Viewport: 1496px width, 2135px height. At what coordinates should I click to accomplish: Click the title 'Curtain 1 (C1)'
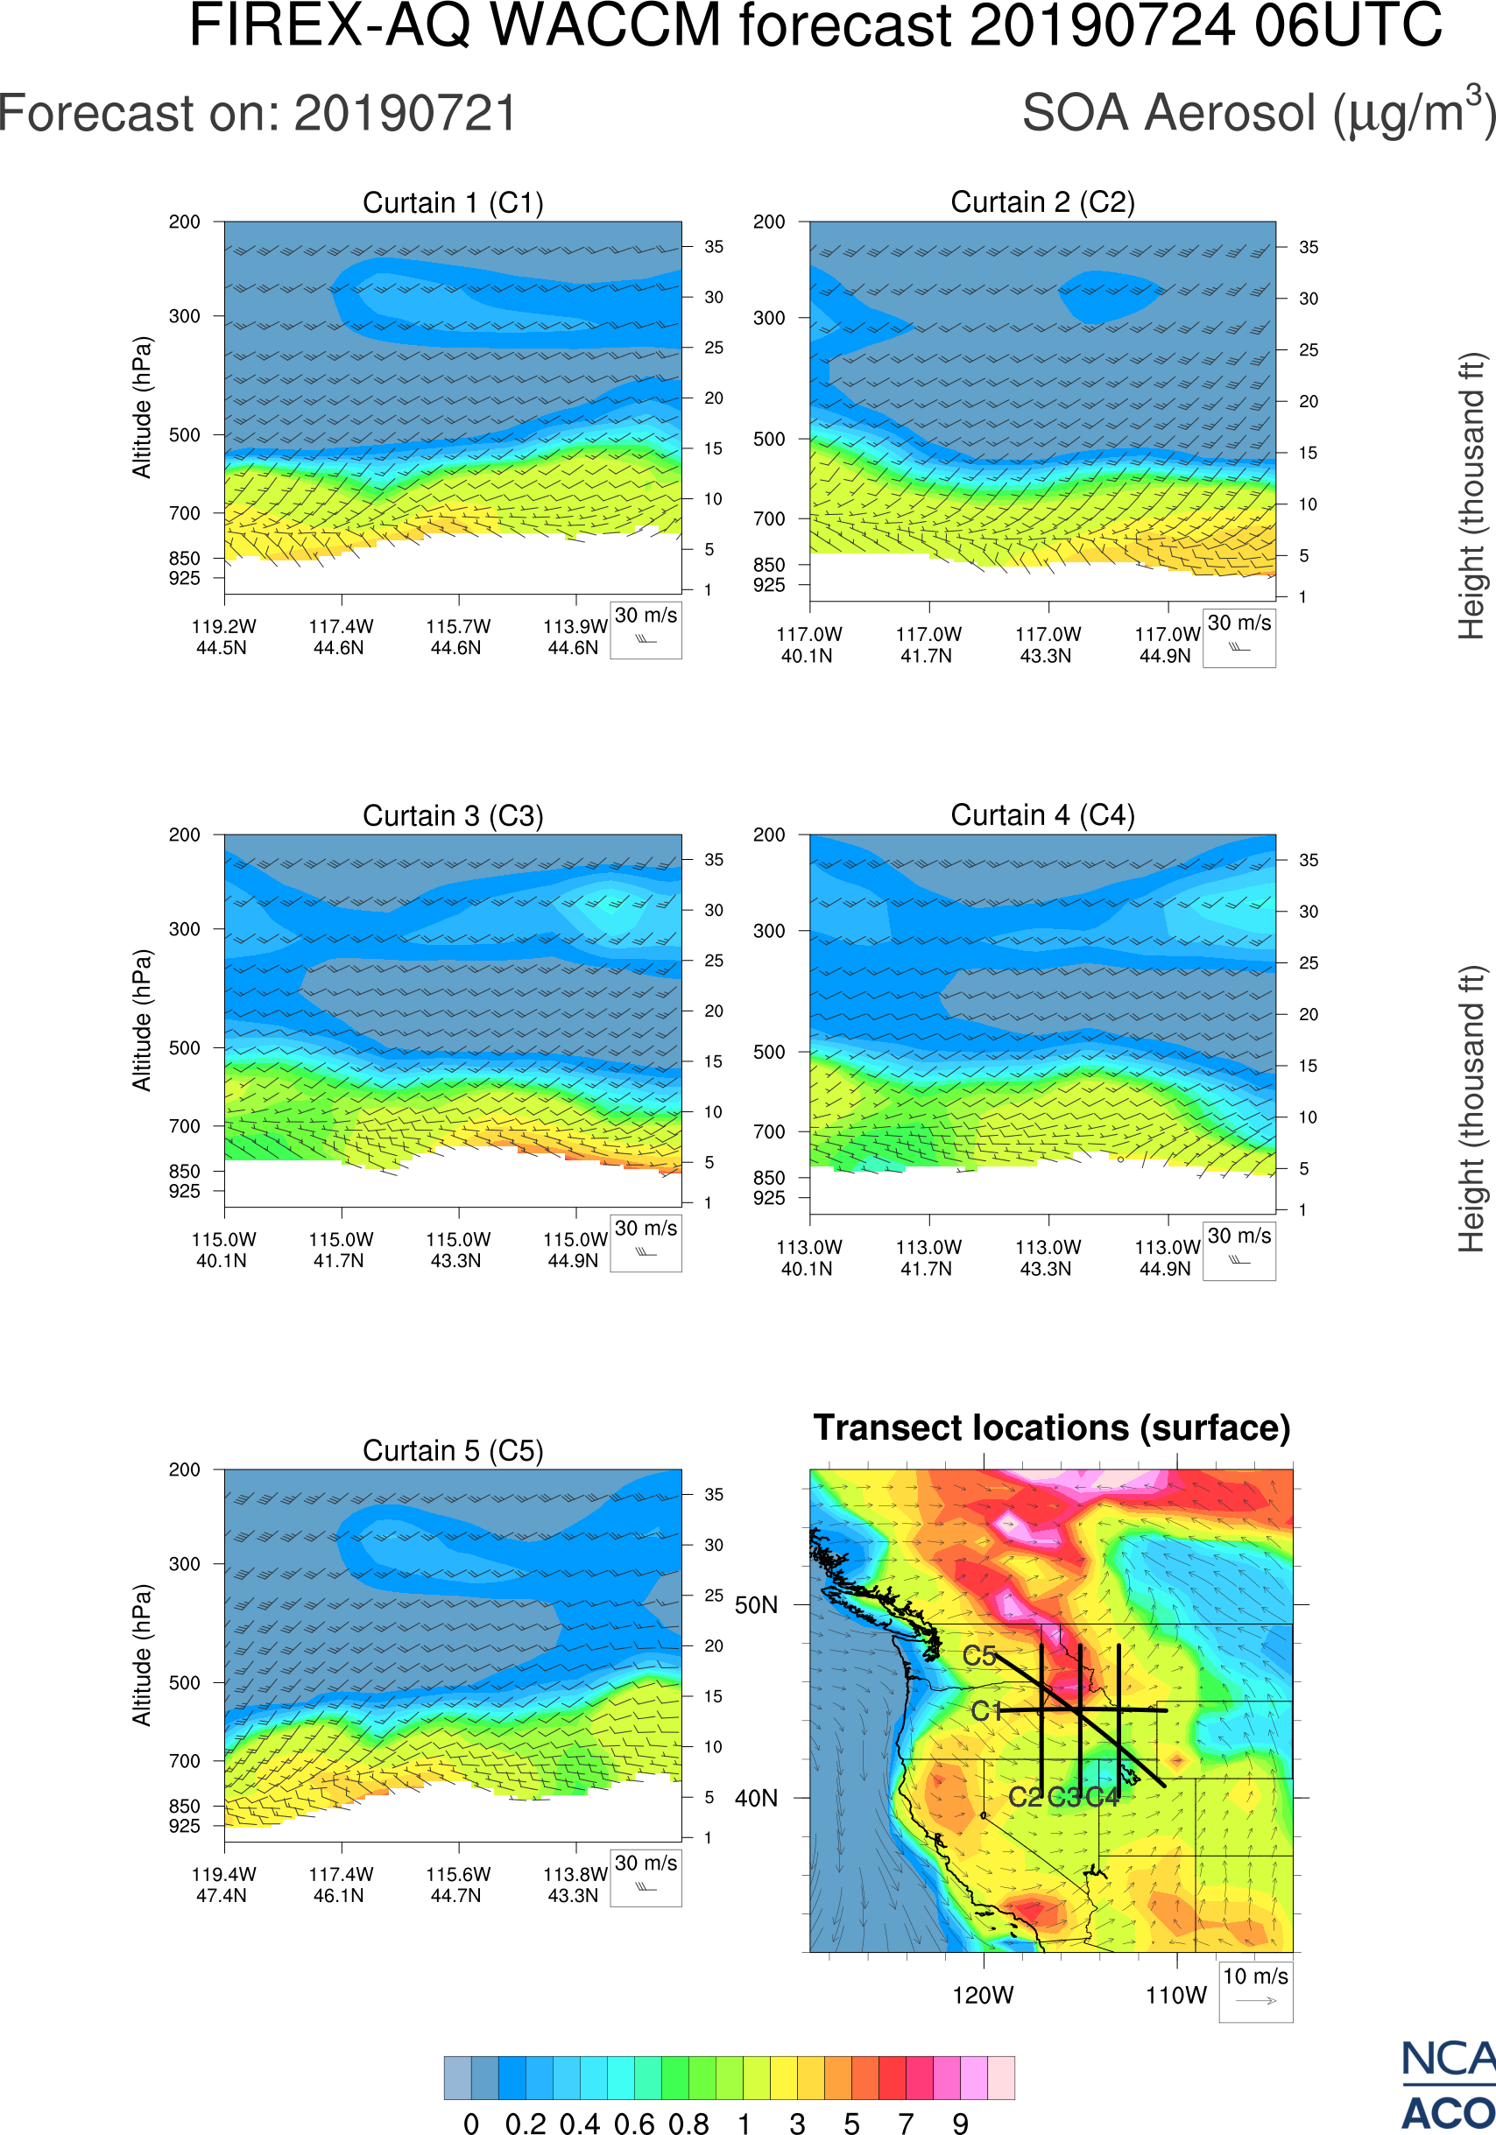coord(453,202)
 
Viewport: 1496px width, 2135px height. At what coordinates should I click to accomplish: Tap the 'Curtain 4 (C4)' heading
coord(1042,815)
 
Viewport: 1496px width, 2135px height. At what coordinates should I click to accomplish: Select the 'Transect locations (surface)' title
coord(1052,1427)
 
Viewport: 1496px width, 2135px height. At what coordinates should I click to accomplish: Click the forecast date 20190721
coord(406,115)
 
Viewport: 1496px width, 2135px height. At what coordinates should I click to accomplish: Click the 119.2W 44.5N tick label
coord(223,637)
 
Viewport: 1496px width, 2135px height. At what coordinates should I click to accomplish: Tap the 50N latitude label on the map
coord(756,1605)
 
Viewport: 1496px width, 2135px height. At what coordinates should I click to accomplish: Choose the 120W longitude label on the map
coord(983,1996)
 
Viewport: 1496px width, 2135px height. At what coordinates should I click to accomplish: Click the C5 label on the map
coord(979,1656)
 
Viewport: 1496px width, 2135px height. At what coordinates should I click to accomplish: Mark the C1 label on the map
coord(985,1711)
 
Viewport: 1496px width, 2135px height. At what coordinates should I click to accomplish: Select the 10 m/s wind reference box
coord(1255,1990)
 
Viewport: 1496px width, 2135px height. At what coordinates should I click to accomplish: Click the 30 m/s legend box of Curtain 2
coord(1238,638)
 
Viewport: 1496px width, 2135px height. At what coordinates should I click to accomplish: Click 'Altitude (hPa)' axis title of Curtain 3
coord(141,1020)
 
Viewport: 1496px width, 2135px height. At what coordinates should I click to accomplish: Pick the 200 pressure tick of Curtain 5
coord(184,1469)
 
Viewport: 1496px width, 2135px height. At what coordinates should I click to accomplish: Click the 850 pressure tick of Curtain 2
coord(769,565)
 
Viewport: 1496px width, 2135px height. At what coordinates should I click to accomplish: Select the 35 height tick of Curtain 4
coord(1309,860)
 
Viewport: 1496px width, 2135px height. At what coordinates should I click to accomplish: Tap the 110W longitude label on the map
coord(1175,1996)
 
